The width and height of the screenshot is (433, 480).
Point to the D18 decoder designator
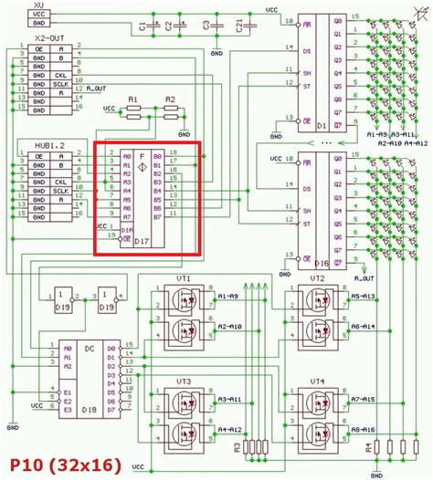pos(90,412)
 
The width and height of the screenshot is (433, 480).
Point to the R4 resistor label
pos(369,447)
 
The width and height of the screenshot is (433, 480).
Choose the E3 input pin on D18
pos(67,411)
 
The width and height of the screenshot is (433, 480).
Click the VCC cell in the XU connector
pos(37,15)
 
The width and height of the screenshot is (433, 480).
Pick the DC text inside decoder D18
pos(89,349)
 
